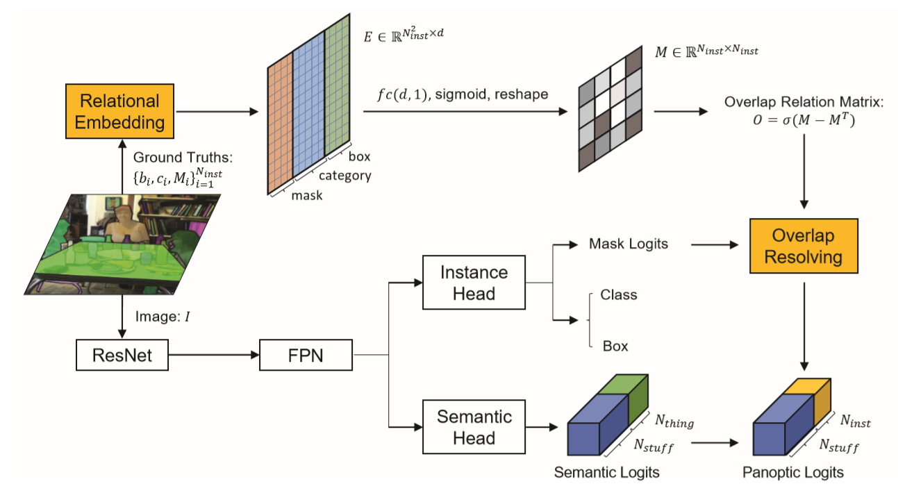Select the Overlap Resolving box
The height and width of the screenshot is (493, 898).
pyautogui.click(x=804, y=246)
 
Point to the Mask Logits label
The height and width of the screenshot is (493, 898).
pyautogui.click(x=629, y=244)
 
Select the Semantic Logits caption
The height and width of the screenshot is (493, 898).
pyautogui.click(x=606, y=472)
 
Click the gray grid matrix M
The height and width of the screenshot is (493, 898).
pyautogui.click(x=610, y=108)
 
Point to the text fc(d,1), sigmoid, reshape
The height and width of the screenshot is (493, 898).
pyautogui.click(x=458, y=94)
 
